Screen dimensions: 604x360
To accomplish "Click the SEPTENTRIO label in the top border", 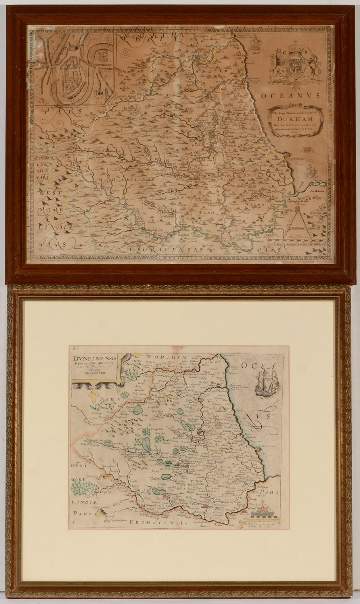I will point(173,30).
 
